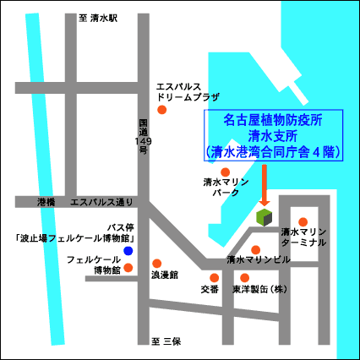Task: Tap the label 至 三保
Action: pos(167,341)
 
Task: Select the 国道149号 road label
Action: pos(143,136)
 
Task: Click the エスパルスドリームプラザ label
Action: pos(188,91)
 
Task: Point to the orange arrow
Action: pos(265,186)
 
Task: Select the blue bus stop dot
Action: pos(128,251)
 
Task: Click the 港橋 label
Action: pos(46,202)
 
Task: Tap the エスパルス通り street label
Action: pos(102,202)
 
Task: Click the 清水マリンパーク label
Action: pos(225,188)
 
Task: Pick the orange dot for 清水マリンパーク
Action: pos(226,172)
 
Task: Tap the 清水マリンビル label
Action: pos(259,259)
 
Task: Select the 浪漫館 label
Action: pos(165,275)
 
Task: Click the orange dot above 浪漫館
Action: pos(156,263)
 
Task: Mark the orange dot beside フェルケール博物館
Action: pos(128,269)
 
